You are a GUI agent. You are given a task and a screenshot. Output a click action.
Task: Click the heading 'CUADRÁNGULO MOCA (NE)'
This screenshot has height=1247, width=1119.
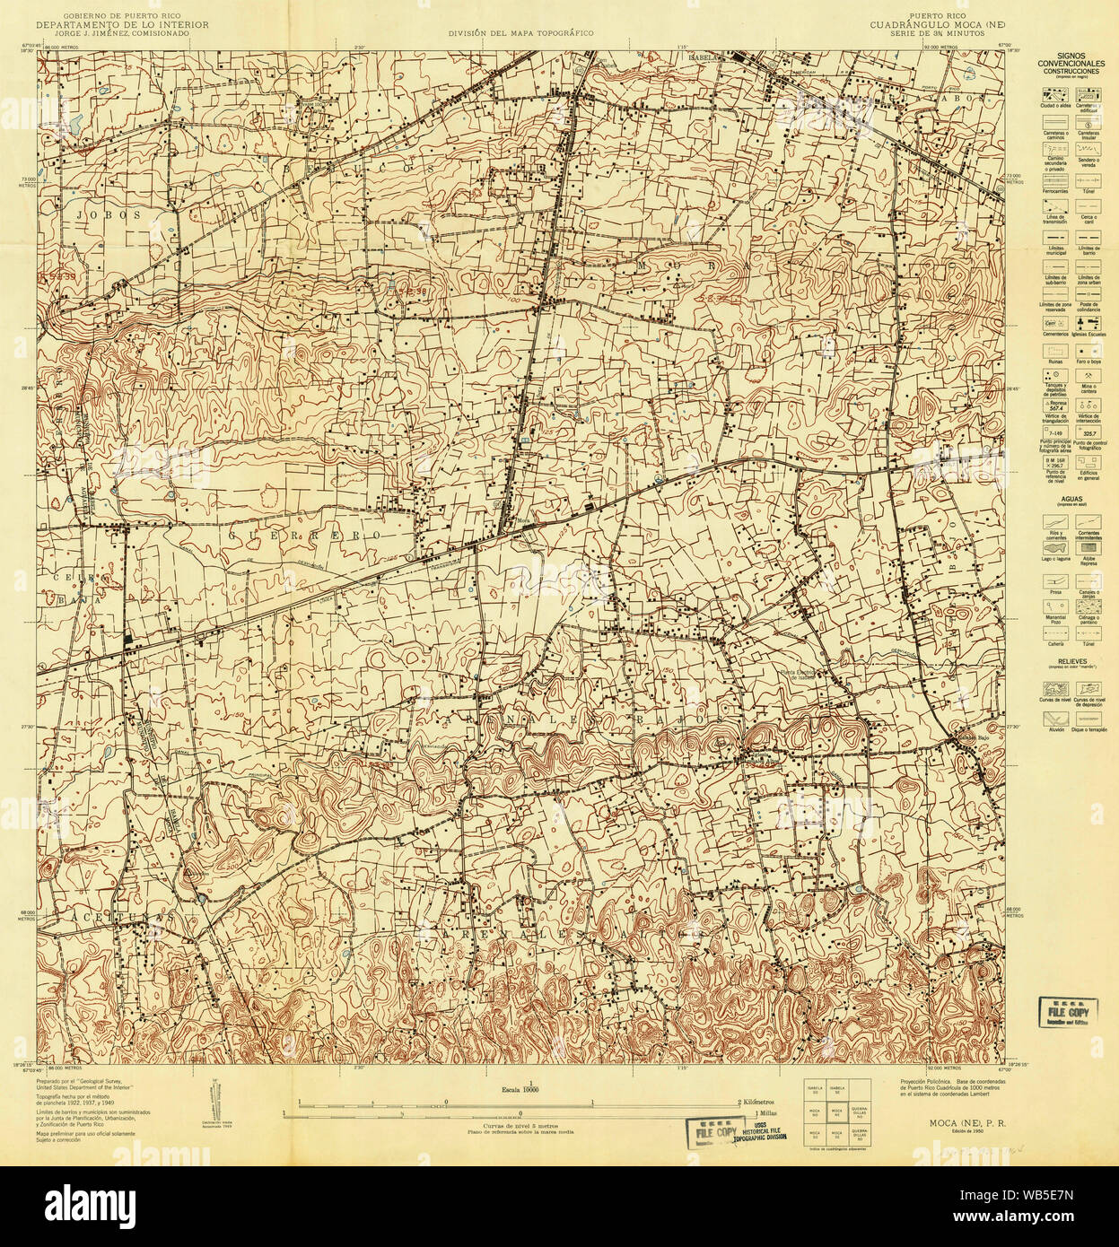(942, 24)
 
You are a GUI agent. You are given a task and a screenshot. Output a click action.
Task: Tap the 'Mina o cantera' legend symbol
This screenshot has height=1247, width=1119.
(1088, 373)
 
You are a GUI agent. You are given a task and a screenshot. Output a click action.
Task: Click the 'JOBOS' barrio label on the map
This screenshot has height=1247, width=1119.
(97, 215)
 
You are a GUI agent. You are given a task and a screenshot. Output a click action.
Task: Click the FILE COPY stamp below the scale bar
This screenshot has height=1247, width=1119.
(712, 1132)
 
